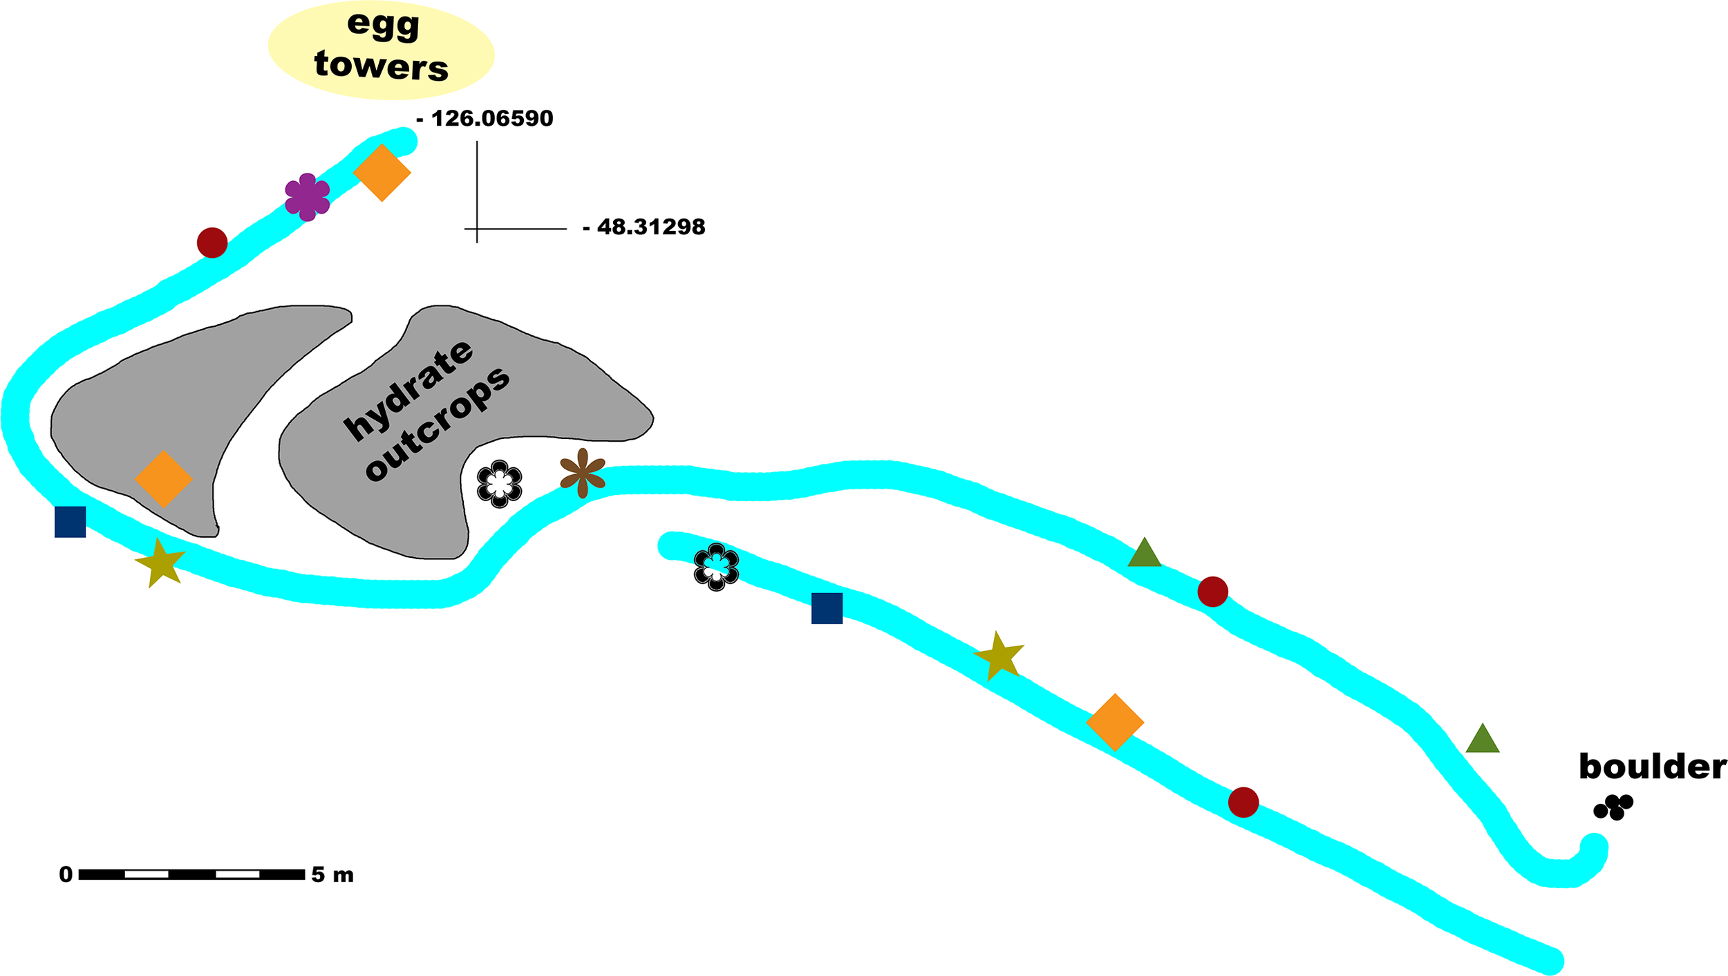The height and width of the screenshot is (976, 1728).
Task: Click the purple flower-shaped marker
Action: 308,197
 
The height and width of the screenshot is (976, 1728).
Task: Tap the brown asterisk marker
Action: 583,473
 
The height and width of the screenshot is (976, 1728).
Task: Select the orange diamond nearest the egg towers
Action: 382,173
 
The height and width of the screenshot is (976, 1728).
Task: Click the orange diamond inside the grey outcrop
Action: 163,478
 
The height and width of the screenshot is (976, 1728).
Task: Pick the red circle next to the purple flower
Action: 212,243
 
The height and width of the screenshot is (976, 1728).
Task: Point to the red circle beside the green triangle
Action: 1212,592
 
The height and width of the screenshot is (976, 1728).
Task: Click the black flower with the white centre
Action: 499,484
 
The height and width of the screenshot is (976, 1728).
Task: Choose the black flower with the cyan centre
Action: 716,567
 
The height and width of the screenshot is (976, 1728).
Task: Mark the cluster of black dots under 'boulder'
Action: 1613,807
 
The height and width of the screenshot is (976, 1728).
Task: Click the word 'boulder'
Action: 1652,767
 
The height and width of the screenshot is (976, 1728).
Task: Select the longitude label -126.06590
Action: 485,118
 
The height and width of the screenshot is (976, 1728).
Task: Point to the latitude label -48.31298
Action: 644,227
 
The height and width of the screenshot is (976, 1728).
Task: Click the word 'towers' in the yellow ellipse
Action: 381,66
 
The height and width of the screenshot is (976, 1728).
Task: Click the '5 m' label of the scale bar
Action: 332,875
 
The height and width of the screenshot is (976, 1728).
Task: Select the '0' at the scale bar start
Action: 66,875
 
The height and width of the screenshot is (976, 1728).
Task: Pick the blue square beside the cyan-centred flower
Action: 827,608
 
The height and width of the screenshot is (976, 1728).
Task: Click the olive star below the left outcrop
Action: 160,563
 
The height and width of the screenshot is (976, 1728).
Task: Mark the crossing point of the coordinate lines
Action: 477,228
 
